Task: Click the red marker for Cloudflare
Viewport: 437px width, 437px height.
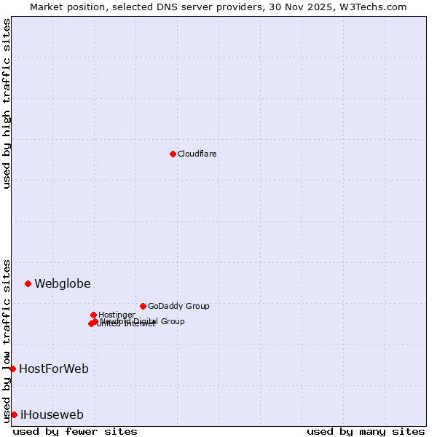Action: click(x=173, y=154)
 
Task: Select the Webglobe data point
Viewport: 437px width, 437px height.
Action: click(x=28, y=283)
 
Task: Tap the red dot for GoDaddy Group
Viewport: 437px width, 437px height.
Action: click(x=143, y=306)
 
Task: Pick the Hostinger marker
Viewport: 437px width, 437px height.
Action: click(x=93, y=315)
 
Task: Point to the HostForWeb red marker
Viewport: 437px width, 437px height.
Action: click(x=12, y=369)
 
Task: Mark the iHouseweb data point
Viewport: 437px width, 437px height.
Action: click(x=14, y=414)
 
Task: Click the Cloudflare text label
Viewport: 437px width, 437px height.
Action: click(x=197, y=154)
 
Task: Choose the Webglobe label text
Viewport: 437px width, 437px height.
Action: click(x=63, y=284)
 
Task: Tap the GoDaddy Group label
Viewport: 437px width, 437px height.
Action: click(x=178, y=307)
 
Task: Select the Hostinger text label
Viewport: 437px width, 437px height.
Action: click(x=117, y=315)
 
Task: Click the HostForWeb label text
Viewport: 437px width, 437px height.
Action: click(x=54, y=369)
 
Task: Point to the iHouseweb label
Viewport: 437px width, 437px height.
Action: click(x=52, y=415)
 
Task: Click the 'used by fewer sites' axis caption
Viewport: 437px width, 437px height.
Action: click(x=75, y=431)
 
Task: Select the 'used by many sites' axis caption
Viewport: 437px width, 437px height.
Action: click(x=366, y=431)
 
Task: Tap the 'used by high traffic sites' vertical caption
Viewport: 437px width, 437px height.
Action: click(x=7, y=103)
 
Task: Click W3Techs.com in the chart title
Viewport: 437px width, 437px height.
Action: click(x=376, y=7)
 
